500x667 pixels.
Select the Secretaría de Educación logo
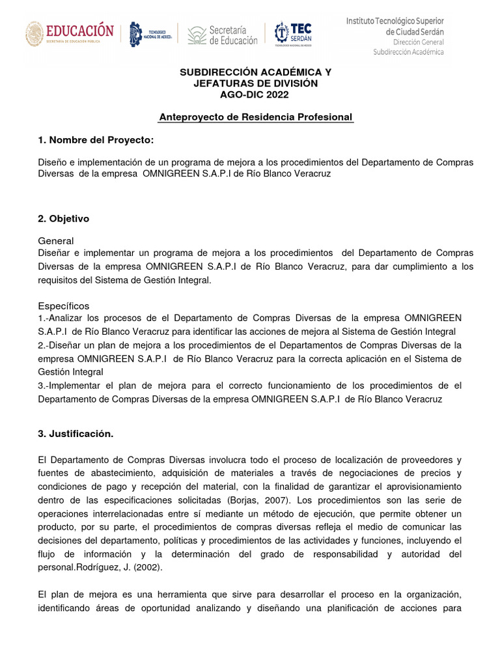coord(223,35)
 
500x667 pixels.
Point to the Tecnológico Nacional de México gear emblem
coord(135,35)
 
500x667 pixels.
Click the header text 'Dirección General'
coord(415,42)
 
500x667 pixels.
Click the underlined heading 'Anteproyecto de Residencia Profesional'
coord(256,117)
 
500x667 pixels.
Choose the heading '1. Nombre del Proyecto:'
coord(96,140)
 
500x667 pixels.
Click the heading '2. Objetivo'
coord(64,219)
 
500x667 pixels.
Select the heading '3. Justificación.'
coord(76,433)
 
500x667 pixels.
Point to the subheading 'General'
coord(56,241)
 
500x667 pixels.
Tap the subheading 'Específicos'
coord(64,306)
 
